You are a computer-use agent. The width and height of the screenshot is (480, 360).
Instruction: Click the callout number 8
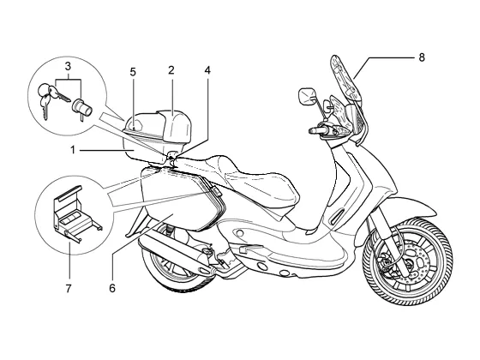click(x=422, y=57)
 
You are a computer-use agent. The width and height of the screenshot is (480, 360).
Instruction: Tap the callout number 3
click(x=68, y=66)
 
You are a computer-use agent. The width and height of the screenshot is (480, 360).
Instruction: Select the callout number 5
click(x=133, y=72)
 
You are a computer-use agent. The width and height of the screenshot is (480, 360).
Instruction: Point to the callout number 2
click(x=171, y=70)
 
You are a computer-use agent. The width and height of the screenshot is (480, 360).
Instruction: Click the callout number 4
click(x=207, y=70)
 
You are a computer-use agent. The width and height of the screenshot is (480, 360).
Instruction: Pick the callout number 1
click(x=73, y=150)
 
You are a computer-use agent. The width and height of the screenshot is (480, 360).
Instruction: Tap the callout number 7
click(x=69, y=288)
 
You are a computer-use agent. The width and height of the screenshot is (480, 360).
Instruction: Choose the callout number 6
click(x=112, y=288)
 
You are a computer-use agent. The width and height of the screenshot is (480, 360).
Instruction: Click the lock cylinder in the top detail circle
click(x=81, y=109)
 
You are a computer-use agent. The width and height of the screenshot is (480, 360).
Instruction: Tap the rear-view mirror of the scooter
click(x=307, y=96)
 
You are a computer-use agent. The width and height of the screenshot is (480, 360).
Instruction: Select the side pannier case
click(x=183, y=198)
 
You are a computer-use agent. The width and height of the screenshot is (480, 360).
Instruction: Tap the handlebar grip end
click(x=313, y=130)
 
